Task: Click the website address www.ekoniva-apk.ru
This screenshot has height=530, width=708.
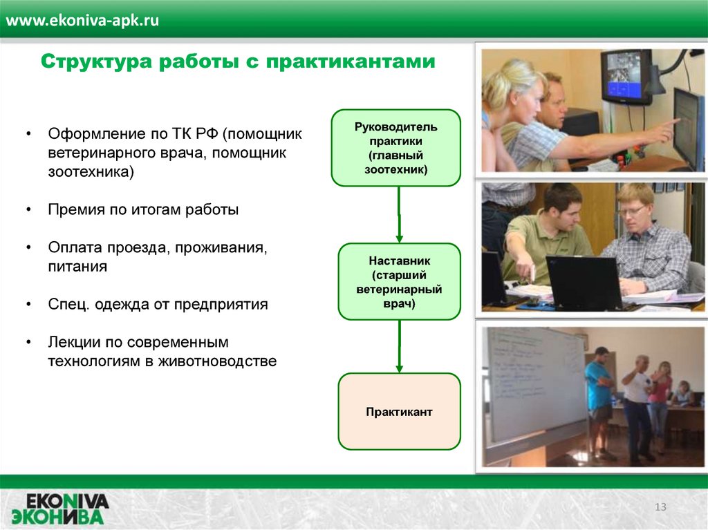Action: click(x=82, y=21)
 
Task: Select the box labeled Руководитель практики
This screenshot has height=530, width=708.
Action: click(x=396, y=148)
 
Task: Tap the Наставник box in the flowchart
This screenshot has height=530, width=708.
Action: click(x=399, y=282)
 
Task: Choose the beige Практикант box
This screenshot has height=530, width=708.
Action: click(x=399, y=411)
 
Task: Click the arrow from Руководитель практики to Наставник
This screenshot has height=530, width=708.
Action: click(x=399, y=215)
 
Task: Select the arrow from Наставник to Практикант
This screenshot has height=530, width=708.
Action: click(x=399, y=346)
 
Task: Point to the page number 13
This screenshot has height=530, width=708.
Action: click(x=660, y=507)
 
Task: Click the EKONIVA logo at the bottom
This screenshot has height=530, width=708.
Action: click(x=61, y=509)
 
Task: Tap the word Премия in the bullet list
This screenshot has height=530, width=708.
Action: click(x=75, y=210)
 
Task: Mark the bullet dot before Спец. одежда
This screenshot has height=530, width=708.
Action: click(x=29, y=304)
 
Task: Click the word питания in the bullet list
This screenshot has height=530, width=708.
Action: click(x=77, y=266)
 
